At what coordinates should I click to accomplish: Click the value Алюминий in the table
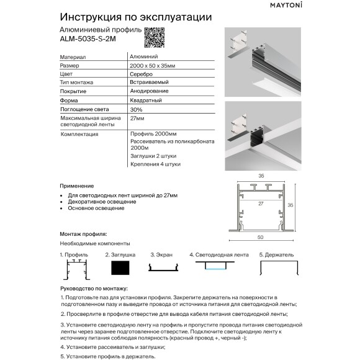click(143, 56)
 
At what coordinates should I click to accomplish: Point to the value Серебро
click(142, 74)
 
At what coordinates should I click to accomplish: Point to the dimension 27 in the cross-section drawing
click(261, 202)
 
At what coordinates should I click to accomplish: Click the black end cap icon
click(120, 268)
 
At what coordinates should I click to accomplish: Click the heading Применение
click(77, 186)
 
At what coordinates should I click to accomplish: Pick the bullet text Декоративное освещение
click(102, 202)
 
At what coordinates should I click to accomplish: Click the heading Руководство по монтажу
click(94, 289)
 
